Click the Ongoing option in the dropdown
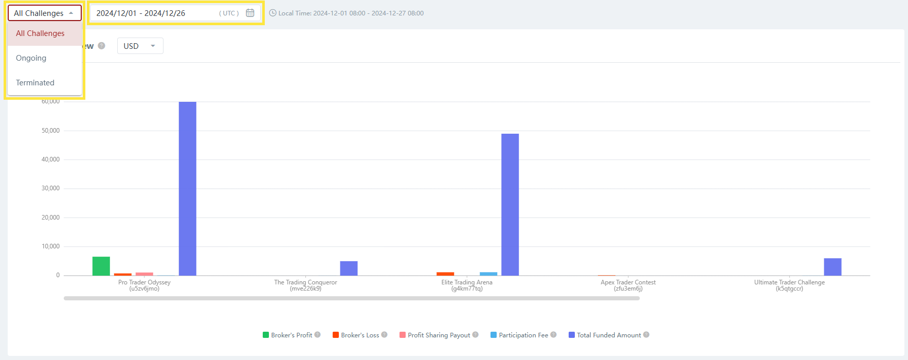31,58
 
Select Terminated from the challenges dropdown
35,83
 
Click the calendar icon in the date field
250,13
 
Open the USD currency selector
140,46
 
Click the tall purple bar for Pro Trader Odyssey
188,188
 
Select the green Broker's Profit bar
101,266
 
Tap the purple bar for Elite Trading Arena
510,204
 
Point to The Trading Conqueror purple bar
349,268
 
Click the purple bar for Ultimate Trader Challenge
832,266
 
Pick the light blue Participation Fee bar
488,274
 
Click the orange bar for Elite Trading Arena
445,274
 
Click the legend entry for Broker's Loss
359,335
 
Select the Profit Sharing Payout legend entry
439,335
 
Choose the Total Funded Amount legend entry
608,335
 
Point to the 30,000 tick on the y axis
50,188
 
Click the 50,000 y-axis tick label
50,131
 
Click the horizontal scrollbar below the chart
352,298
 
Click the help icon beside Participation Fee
553,335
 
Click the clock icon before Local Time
273,13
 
